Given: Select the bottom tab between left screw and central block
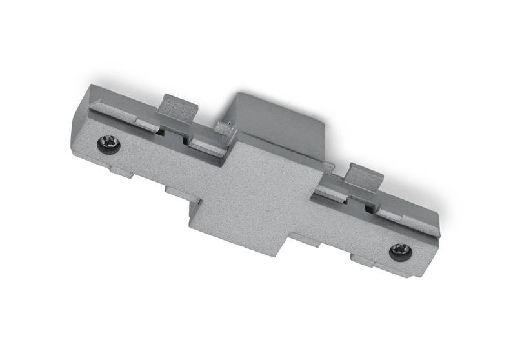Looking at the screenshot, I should tap(175, 192).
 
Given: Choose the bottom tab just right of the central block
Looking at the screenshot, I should tap(323, 242).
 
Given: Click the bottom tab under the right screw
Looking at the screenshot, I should tap(381, 263).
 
